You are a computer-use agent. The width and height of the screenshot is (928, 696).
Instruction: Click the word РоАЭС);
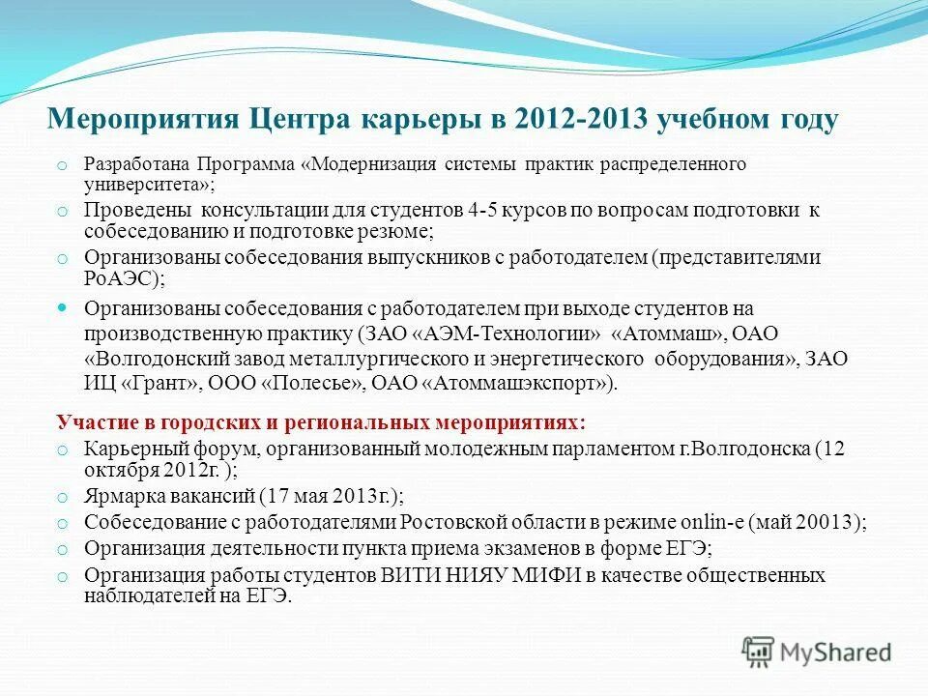click(125, 278)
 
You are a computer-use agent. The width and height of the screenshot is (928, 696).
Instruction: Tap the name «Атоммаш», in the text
click(668, 334)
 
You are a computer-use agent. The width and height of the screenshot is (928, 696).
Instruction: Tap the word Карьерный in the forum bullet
click(126, 449)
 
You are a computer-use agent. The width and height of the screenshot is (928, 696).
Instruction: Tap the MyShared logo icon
click(760, 651)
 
